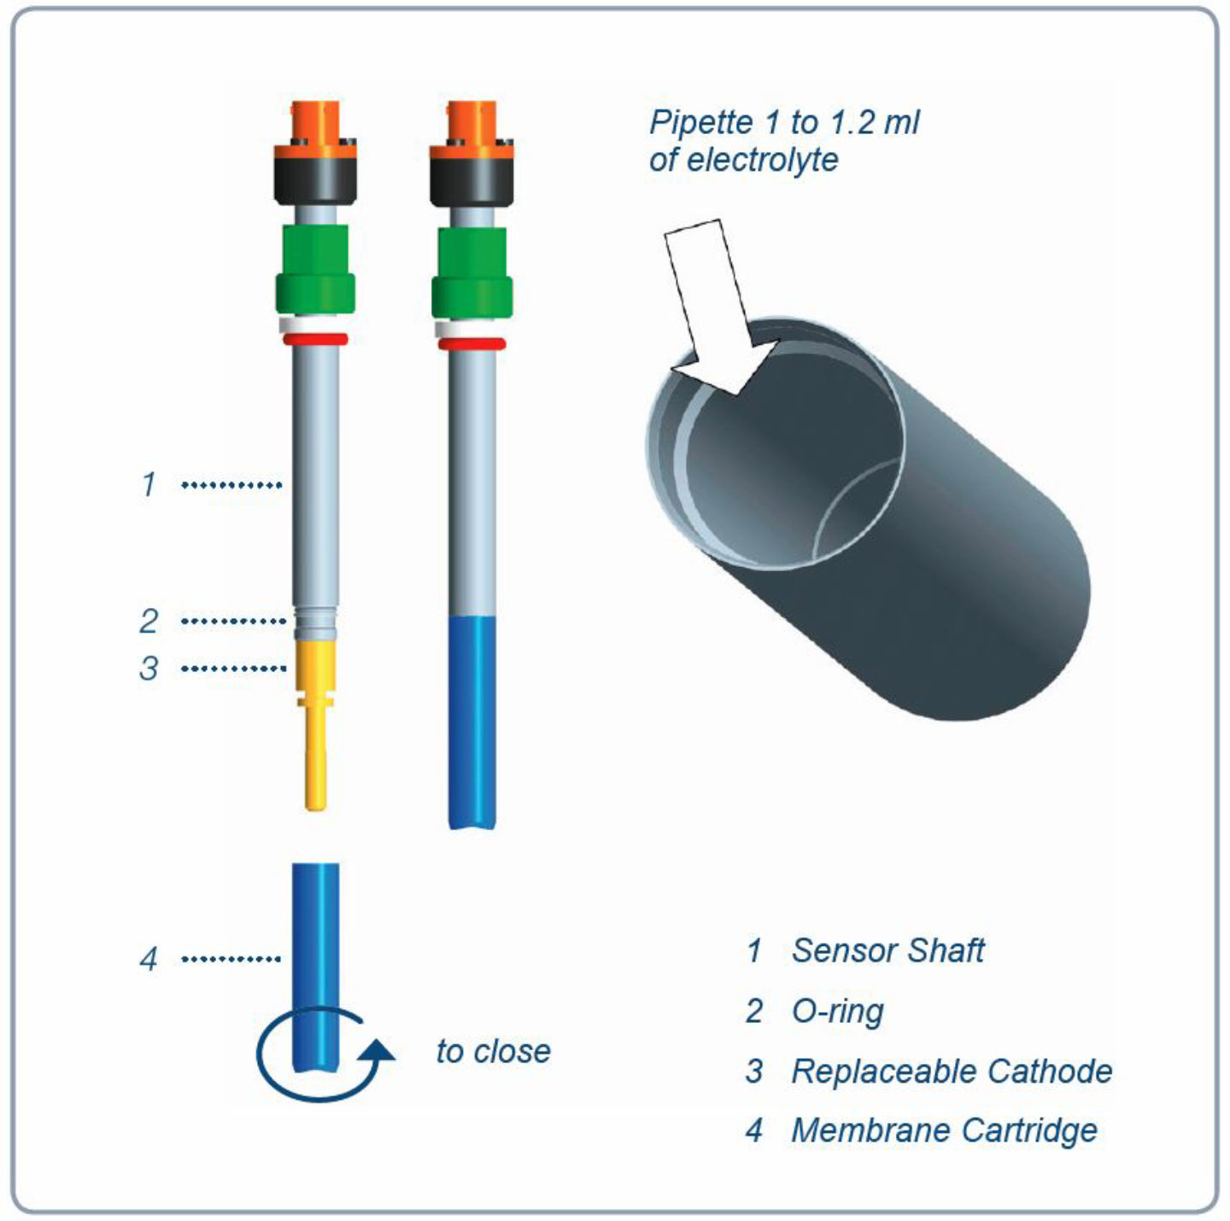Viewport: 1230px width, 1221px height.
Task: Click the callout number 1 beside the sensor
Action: click(149, 484)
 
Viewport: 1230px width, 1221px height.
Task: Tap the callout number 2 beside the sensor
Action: click(149, 621)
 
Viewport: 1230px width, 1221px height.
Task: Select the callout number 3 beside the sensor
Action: click(149, 668)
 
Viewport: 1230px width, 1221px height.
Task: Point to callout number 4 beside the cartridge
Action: click(149, 959)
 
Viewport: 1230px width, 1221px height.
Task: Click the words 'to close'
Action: click(493, 1051)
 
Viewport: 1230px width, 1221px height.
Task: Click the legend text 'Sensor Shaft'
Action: click(887, 950)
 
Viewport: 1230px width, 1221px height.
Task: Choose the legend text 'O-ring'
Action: click(837, 1011)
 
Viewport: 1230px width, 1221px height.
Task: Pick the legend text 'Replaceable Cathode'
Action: click(952, 1071)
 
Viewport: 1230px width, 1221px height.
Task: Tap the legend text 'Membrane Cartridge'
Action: click(944, 1130)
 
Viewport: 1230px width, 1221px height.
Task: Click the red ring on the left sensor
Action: click(315, 339)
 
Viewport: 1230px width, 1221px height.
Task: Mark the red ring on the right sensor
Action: click(472, 344)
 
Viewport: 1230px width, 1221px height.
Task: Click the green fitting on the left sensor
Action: click(315, 269)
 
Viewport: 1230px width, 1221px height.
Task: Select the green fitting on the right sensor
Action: click(472, 272)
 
